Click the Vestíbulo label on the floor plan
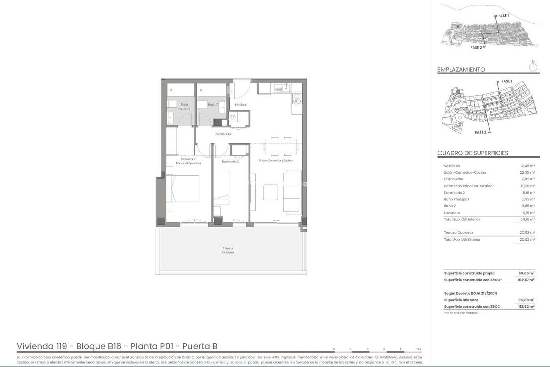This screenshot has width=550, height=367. tap(241, 104)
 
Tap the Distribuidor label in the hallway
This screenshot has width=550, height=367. tap(223, 134)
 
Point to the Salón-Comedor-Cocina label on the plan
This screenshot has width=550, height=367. tap(276, 160)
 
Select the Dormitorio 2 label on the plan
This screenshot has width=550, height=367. tap(230, 161)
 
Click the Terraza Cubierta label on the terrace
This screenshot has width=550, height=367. tap(228, 250)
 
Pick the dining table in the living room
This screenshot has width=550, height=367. tap(281, 146)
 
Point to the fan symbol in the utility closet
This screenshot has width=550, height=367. tap(233, 118)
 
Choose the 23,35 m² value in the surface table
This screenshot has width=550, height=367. tap(527, 172)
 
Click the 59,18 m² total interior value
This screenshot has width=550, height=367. tap(527, 219)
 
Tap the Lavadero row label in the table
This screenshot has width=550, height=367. tap(452, 213)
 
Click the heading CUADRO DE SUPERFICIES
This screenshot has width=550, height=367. tap(473, 153)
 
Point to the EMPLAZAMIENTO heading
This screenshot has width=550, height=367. tap(461, 70)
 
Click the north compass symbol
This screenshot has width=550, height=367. tap(533, 65)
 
